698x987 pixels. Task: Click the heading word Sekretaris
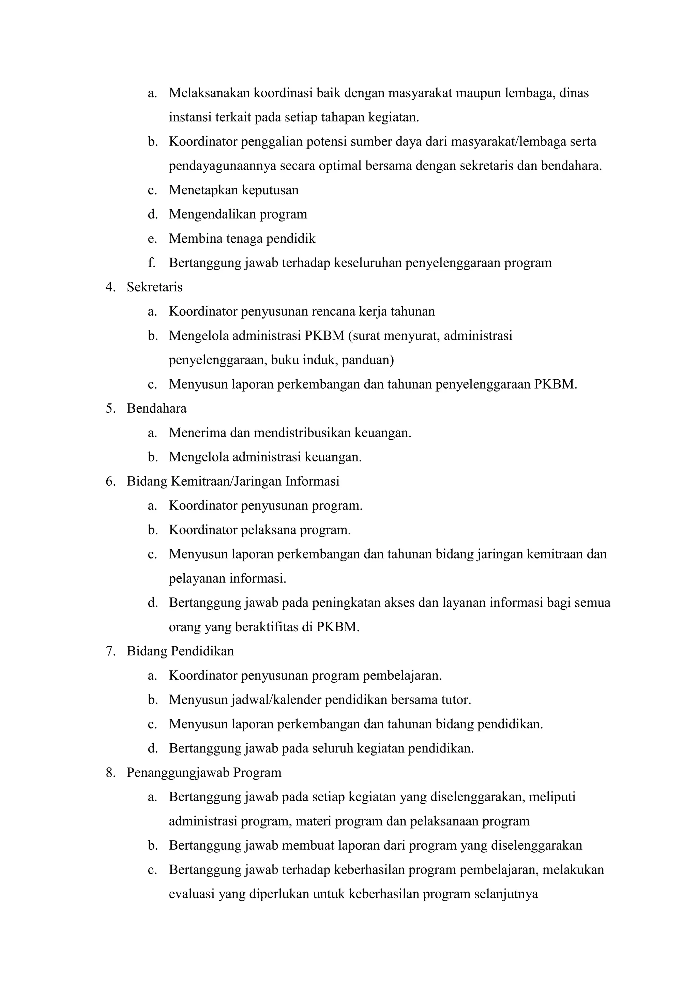[x=154, y=287]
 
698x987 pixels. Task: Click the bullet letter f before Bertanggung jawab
[x=151, y=263]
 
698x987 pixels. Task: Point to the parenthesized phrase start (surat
[x=364, y=335]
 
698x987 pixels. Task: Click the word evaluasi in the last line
[x=192, y=894]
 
